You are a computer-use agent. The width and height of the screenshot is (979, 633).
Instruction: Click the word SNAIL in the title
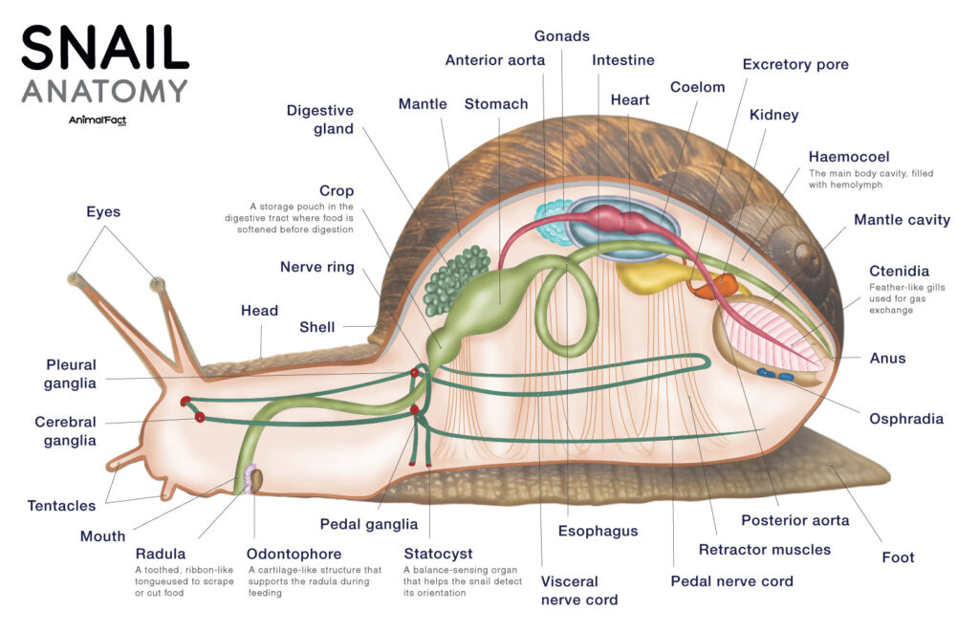point(105,48)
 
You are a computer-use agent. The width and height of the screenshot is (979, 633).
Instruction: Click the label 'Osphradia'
point(905,419)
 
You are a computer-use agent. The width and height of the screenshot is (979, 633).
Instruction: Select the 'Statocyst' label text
point(438,554)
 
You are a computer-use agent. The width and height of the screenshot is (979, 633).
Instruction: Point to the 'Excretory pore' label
point(795,65)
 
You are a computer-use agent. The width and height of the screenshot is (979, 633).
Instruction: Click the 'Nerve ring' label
point(316,267)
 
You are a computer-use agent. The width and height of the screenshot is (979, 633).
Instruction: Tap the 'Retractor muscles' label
point(764,550)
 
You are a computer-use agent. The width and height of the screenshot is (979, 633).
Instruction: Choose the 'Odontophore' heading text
point(294,554)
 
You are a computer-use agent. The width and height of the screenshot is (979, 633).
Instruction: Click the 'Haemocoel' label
point(849,157)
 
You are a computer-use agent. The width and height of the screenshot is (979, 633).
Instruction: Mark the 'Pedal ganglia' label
point(369,524)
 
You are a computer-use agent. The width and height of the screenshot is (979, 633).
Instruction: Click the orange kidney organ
point(726,285)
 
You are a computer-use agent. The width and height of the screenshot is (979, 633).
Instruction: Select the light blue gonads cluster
point(552,220)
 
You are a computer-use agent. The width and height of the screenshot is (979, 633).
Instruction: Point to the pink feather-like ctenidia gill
point(770,335)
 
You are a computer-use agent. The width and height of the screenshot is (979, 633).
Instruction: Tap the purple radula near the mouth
point(250,478)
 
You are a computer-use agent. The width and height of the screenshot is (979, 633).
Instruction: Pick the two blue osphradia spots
point(775,375)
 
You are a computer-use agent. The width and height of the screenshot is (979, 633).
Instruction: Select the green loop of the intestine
point(568,306)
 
